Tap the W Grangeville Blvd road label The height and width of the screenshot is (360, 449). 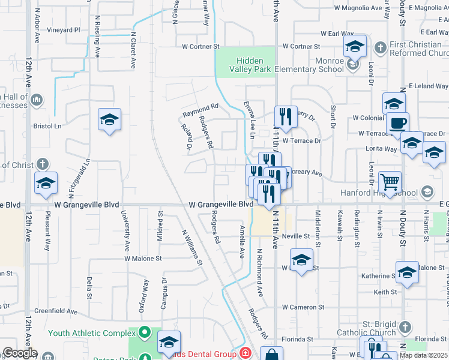coord(221,205)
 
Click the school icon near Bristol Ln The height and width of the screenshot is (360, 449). coord(110,120)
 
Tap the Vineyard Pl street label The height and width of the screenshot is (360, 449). coord(64,30)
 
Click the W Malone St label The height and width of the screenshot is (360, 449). coord(143,259)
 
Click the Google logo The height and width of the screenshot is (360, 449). coord(20,353)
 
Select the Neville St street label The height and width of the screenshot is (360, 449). coord(295,237)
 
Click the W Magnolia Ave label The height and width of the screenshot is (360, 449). coord(358,8)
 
